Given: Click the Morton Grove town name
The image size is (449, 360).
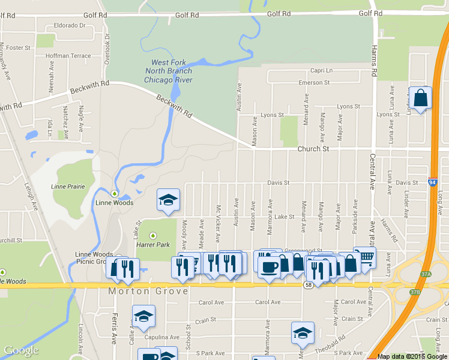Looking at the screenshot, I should [x=148, y=291].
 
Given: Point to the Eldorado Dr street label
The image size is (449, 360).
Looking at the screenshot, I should [x=70, y=25].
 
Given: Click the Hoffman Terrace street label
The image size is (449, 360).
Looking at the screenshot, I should [x=68, y=56].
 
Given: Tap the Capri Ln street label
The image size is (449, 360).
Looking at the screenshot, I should [x=321, y=70].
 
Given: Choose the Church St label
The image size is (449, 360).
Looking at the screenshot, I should [x=313, y=148].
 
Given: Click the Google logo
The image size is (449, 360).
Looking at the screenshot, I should [x=21, y=351].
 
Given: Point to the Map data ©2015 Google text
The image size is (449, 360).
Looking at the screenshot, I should [x=413, y=356].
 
